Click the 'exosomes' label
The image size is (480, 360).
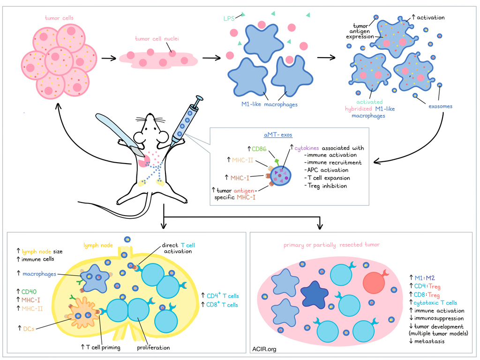441,106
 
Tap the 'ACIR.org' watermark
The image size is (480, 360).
265,348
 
